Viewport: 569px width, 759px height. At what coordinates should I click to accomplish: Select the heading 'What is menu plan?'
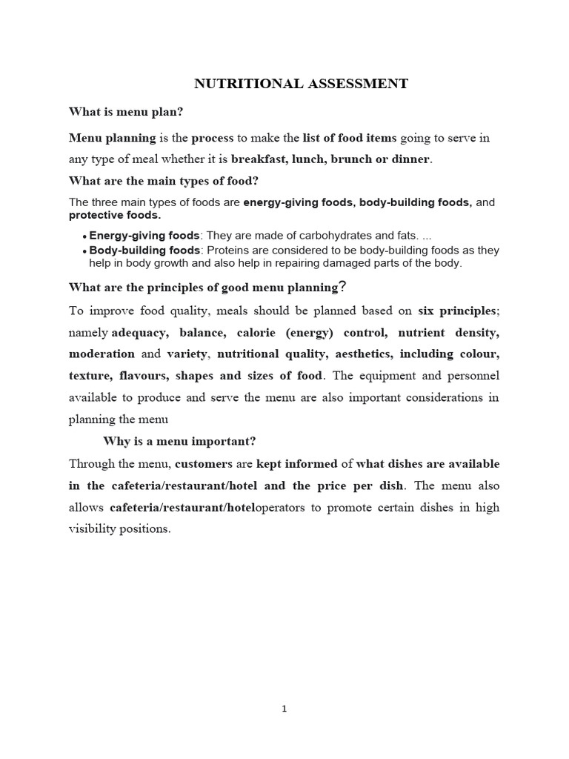(x=126, y=112)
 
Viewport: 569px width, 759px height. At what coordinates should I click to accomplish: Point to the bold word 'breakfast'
(x=258, y=159)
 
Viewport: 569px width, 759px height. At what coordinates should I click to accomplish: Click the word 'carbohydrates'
(x=309, y=236)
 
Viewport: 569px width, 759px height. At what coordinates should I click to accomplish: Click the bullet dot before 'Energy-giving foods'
(x=84, y=236)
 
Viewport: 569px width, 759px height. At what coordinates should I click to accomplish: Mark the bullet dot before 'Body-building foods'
(x=84, y=251)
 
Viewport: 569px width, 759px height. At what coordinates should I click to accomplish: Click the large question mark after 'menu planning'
(x=342, y=287)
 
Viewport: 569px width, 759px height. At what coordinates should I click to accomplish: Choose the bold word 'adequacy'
(x=136, y=333)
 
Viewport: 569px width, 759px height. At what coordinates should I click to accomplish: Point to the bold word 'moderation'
(x=102, y=354)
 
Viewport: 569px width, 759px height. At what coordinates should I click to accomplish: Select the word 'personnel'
(x=471, y=375)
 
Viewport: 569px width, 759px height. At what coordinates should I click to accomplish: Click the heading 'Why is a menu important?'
(x=179, y=441)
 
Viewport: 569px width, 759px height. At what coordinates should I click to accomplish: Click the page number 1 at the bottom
(x=284, y=709)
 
